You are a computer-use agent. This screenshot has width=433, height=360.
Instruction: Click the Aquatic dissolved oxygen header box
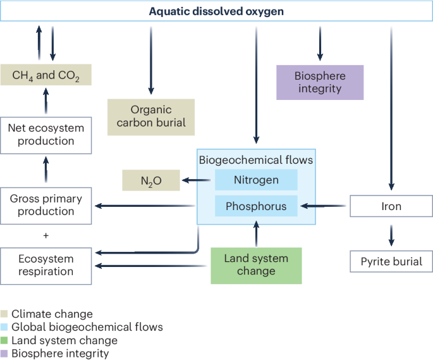216,11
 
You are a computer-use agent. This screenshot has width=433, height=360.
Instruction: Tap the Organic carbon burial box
152,117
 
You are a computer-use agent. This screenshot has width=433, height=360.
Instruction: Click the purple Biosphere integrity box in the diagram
320,82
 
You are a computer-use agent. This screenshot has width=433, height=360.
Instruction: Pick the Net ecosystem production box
46,134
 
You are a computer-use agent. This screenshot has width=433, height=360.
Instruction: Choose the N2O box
151,181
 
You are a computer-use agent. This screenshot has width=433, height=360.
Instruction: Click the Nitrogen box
256,180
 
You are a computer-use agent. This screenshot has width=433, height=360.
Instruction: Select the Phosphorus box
256,206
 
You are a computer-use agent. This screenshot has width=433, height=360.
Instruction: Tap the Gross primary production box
46,205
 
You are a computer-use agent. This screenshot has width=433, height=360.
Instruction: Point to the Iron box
391,206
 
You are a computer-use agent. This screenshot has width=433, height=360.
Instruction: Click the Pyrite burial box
391,261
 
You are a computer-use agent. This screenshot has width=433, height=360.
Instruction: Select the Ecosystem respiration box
46,265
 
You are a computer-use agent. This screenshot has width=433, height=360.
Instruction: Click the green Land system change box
256,265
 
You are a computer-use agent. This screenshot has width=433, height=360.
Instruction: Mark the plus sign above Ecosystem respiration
46,235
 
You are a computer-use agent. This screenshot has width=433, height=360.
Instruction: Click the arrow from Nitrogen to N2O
197,181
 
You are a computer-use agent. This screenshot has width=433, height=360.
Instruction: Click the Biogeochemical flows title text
256,160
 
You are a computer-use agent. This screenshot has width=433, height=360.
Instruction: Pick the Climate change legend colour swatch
5,314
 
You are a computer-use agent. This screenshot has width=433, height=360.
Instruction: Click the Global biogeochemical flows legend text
87,327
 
